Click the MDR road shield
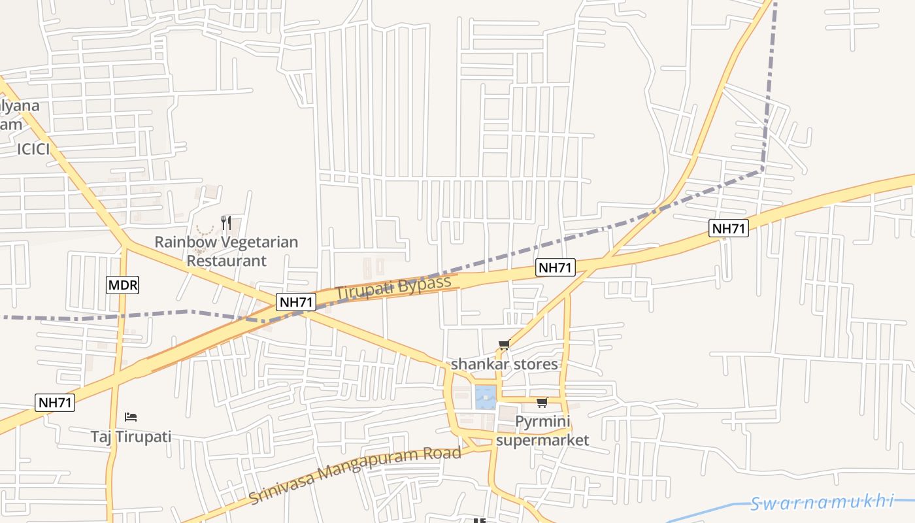[x=123, y=285]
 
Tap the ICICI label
[x=33, y=149]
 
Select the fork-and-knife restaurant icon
[x=226, y=222]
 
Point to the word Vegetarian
[x=259, y=242]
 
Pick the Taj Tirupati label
[x=131, y=436]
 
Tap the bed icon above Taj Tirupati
[x=131, y=416]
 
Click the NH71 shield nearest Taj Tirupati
[x=55, y=403]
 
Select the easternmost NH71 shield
[x=729, y=228]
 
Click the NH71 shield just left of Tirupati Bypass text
[x=297, y=302]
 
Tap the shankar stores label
[x=505, y=364]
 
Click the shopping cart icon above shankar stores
[x=504, y=345]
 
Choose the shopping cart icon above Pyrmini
[x=542, y=402]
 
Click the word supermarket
[x=542, y=440]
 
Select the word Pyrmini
[x=542, y=422]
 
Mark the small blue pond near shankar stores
[x=485, y=396]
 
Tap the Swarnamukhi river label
[x=822, y=503]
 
